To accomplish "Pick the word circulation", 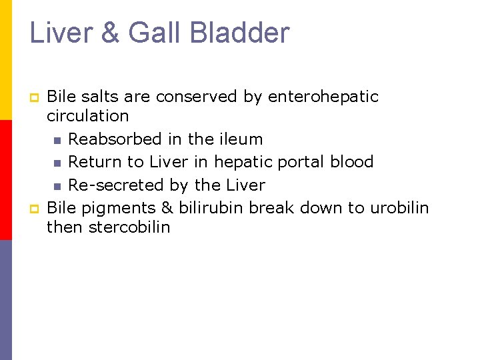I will (87, 116).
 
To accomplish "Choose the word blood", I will (352, 162).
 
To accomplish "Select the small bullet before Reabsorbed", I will (57, 141).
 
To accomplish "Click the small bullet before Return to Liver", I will (57, 163).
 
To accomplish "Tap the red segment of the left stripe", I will (6, 180).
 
